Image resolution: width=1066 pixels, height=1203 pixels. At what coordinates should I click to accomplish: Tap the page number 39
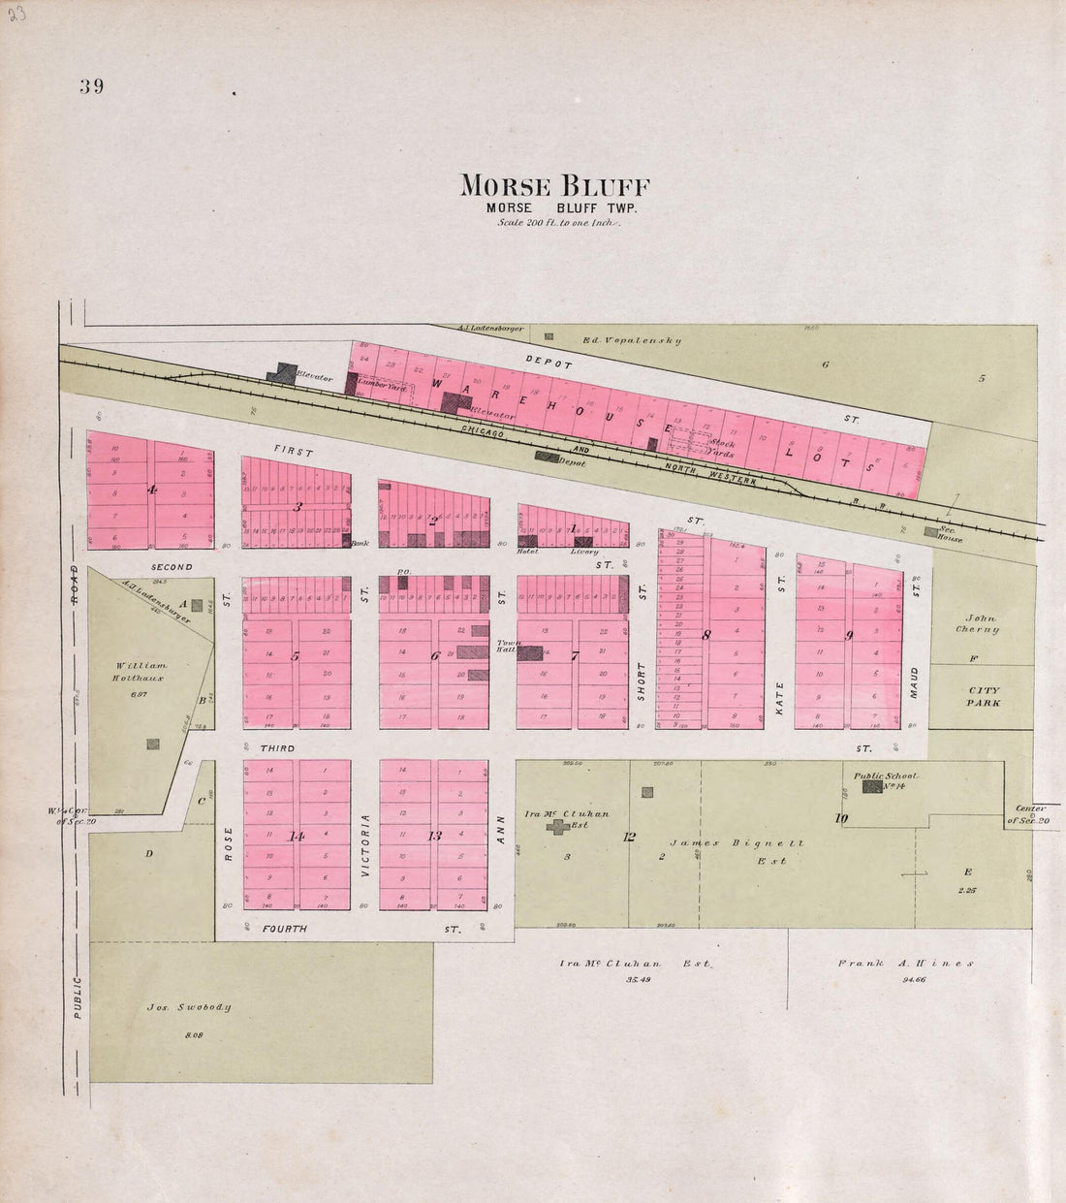pos(93,85)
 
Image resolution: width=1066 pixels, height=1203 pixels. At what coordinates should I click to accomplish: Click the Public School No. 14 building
pos(872,788)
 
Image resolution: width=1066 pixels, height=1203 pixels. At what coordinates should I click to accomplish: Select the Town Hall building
pos(529,652)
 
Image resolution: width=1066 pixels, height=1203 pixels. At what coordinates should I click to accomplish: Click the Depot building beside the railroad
pos(548,457)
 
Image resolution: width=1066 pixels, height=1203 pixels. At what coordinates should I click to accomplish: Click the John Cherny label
pos(980,622)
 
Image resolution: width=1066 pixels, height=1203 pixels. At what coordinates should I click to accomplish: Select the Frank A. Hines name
pos(905,964)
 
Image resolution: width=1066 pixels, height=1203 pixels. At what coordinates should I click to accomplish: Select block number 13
pos(434,835)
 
